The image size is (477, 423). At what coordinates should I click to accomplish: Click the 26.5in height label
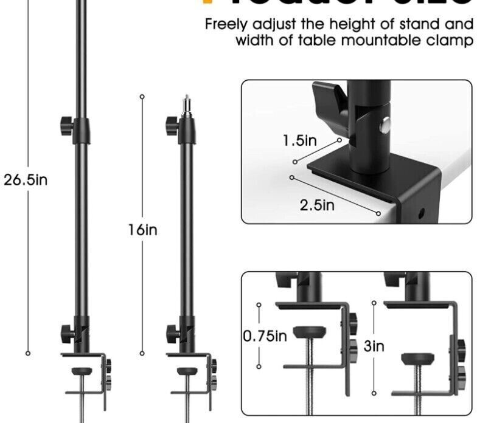(x=26, y=181)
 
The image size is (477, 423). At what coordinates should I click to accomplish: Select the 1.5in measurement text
(x=300, y=141)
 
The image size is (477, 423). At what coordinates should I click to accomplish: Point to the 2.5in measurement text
(x=318, y=204)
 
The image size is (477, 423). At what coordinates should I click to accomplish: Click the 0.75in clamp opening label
(x=265, y=335)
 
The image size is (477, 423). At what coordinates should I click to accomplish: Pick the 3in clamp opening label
(x=374, y=346)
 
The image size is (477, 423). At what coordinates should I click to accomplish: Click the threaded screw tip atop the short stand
(x=187, y=101)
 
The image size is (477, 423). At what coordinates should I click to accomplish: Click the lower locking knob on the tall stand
(x=66, y=332)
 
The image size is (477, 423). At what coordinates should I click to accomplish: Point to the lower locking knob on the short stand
(x=172, y=333)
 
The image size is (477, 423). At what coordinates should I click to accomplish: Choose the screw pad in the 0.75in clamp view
(x=309, y=332)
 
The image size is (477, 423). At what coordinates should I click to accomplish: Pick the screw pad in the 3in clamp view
(x=417, y=357)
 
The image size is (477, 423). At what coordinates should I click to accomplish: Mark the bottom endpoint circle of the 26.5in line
(x=27, y=352)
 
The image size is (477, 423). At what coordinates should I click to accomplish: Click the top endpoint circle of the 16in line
(x=142, y=96)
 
